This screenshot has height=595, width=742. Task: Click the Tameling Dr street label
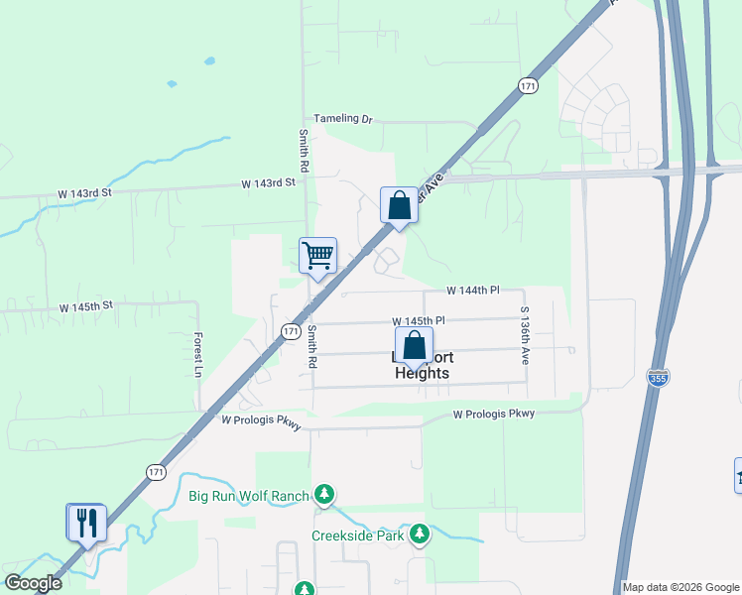[343, 119]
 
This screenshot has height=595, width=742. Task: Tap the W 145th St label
[86, 307]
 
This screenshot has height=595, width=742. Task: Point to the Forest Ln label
[197, 354]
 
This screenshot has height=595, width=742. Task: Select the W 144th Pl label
[472, 291]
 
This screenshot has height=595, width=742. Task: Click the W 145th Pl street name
[419, 321]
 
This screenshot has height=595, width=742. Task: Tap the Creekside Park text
[357, 535]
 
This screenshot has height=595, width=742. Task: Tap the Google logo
[33, 583]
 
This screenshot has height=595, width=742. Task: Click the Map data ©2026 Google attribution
[681, 587]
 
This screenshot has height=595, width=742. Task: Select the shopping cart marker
[318, 254]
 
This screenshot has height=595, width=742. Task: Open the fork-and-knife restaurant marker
[85, 523]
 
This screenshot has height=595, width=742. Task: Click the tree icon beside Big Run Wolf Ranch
[324, 494]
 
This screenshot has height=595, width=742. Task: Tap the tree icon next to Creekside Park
[420, 535]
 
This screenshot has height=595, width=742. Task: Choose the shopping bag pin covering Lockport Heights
[414, 348]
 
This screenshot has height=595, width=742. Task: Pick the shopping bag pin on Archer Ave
[399, 206]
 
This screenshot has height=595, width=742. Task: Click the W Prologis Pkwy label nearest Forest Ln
[260, 420]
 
